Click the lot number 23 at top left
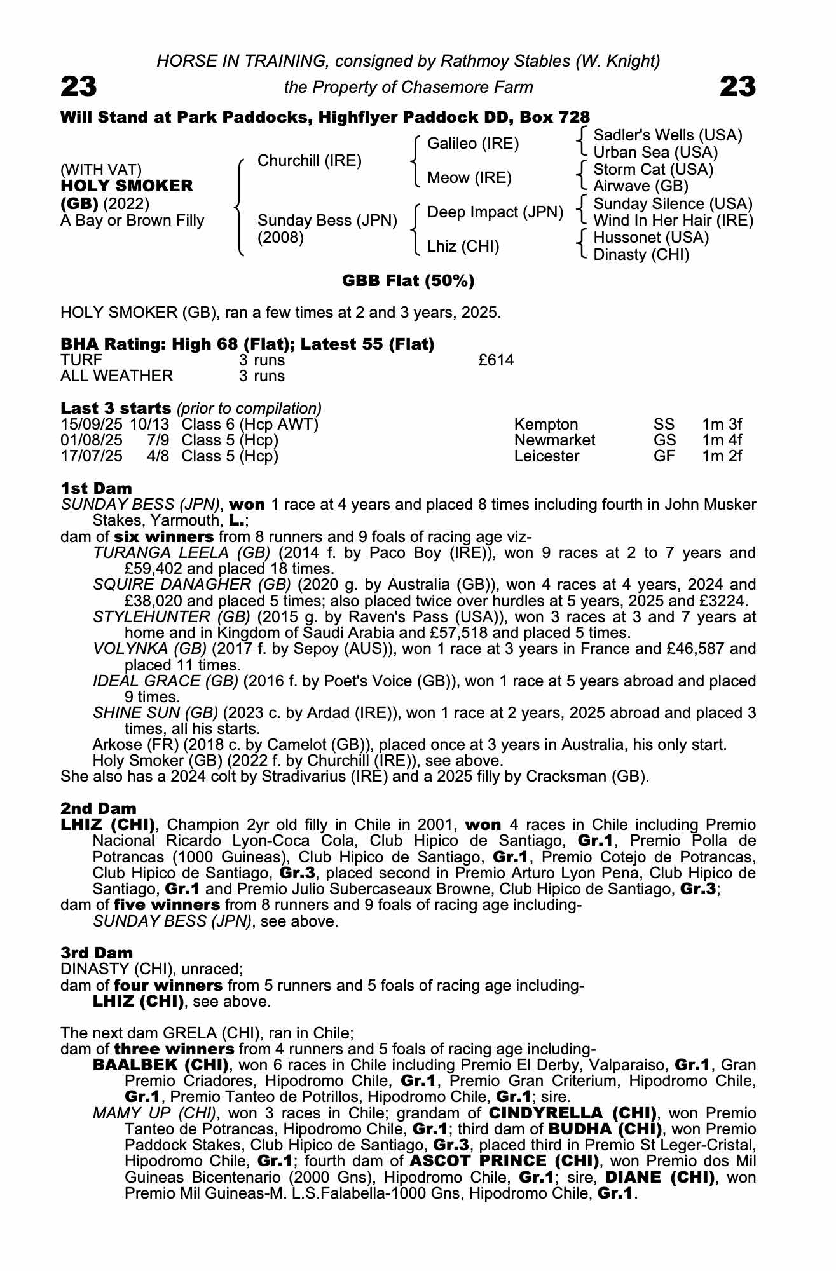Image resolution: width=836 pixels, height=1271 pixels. click(79, 86)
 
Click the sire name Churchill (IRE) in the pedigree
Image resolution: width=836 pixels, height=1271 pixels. click(309, 161)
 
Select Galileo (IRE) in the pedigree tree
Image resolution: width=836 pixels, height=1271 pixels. click(472, 144)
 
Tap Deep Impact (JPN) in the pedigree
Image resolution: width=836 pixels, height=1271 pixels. click(495, 212)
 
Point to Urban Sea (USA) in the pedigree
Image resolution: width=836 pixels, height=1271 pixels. click(655, 153)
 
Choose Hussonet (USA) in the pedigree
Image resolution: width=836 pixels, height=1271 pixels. click(650, 238)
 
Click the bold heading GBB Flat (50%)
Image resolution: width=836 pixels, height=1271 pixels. click(408, 281)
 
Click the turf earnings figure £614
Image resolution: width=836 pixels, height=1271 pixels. click(496, 360)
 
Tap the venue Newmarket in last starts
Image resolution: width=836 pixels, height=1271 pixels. click(554, 440)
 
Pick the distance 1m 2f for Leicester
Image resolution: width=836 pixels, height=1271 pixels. click(722, 456)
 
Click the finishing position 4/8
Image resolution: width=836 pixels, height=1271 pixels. click(158, 456)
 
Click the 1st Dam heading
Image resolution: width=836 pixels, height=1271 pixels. click(96, 489)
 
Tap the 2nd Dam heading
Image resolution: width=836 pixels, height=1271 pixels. click(99, 809)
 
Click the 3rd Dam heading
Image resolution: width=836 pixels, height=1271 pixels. click(97, 953)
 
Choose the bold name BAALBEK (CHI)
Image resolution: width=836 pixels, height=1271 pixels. click(161, 1064)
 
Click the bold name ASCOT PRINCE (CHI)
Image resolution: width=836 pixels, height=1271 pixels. click(505, 1161)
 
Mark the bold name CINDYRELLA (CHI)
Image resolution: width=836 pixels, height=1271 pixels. click(572, 1113)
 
